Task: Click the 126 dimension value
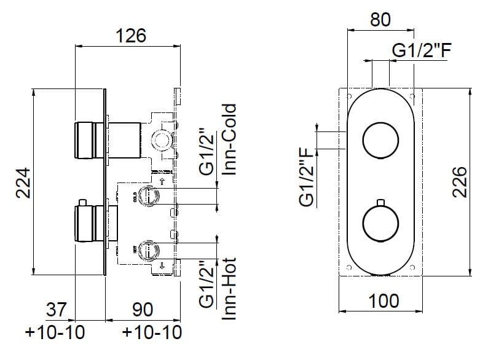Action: tap(131, 36)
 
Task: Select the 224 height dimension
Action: tap(23, 184)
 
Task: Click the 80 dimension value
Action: tap(380, 20)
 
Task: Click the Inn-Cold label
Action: tap(230, 140)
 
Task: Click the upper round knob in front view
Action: tap(381, 140)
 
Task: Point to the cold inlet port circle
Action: tap(148, 196)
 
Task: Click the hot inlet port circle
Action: tap(148, 250)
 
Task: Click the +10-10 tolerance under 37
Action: tap(55, 334)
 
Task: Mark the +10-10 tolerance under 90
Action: tap(152, 334)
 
